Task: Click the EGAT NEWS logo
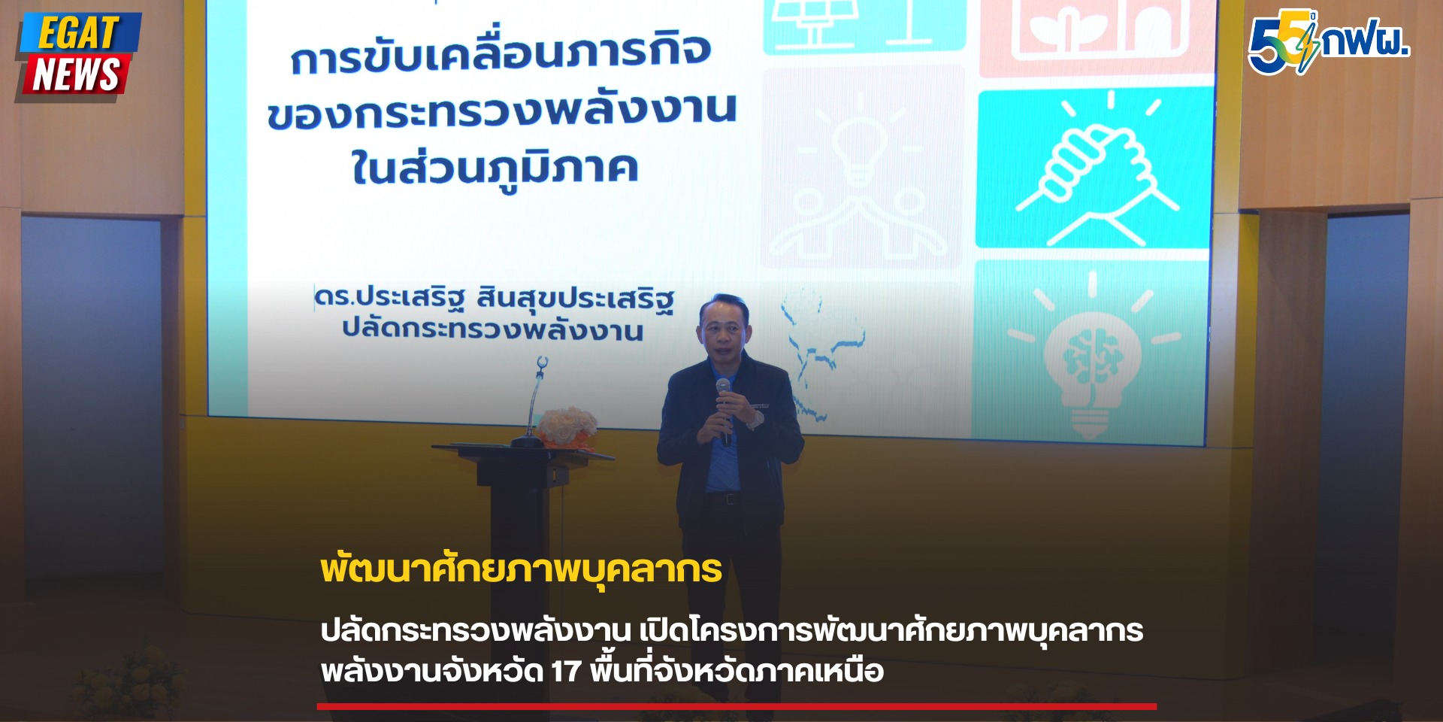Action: coord(77,56)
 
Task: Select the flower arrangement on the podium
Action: coord(567,426)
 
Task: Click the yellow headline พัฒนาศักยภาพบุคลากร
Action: coord(521,569)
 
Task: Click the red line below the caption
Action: coord(737,706)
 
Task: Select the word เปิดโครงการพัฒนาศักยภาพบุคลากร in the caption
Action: coord(891,630)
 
